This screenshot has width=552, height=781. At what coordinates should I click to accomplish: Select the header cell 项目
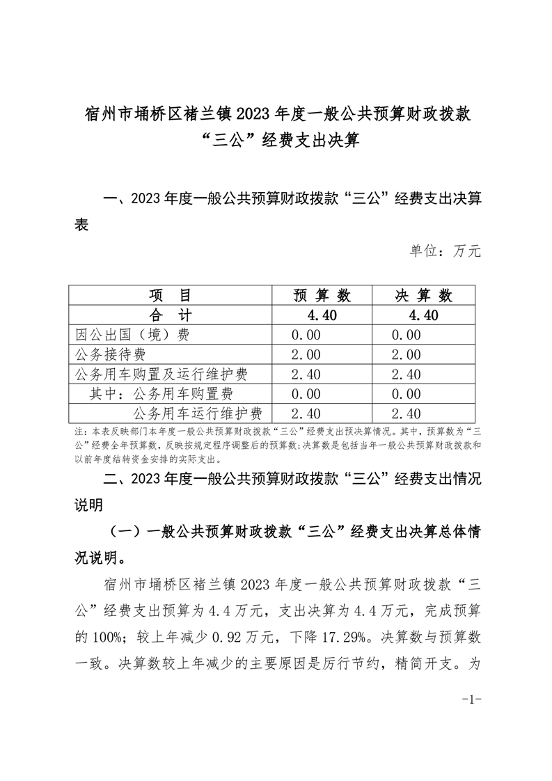coord(171,295)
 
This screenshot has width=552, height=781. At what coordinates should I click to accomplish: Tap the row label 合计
coord(171,315)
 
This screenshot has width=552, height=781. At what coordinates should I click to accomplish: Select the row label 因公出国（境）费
coord(132,335)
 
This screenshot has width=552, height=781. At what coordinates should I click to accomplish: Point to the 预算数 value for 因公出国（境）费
coord(307,335)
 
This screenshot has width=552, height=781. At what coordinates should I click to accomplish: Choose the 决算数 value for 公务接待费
coord(407,354)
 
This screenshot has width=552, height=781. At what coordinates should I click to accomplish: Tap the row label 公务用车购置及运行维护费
coord(160,374)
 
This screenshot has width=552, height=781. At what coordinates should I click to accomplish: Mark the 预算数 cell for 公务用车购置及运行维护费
coord(307,374)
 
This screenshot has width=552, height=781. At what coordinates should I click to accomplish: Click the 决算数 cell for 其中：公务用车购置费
coord(407,394)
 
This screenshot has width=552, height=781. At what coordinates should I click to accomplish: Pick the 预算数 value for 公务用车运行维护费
coord(307,414)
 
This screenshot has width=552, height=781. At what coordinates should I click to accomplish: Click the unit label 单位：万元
coord(445,251)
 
